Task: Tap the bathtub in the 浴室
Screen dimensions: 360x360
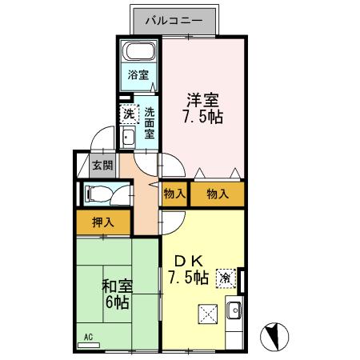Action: (x=141, y=54)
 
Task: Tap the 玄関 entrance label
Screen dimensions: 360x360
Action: (x=102, y=166)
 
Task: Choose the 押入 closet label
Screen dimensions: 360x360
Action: (x=102, y=223)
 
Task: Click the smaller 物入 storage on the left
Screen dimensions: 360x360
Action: (x=174, y=194)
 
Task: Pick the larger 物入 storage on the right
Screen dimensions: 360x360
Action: (x=217, y=194)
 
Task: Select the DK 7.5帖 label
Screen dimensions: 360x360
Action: (x=189, y=270)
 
